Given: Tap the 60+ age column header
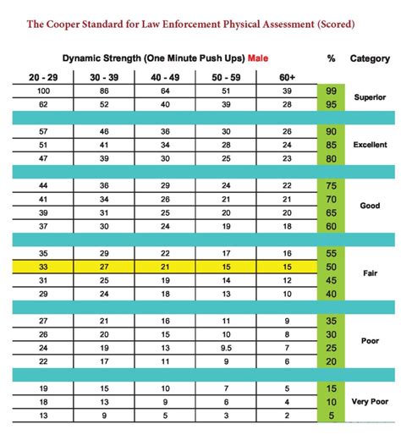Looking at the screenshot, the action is click(x=288, y=77).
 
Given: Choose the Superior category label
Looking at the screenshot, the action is click(x=371, y=97).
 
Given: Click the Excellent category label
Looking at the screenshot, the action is click(x=370, y=145).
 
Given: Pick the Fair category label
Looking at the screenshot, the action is click(x=371, y=273).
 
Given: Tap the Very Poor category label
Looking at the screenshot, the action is click(x=370, y=402).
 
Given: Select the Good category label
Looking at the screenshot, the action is click(x=371, y=206).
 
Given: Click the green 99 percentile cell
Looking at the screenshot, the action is click(x=331, y=91).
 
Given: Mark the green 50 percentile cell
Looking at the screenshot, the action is click(x=331, y=267).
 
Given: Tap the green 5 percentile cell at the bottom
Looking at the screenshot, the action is click(x=331, y=416).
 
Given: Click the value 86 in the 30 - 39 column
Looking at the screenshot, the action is click(x=104, y=91).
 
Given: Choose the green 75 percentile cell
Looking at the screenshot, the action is click(x=331, y=185).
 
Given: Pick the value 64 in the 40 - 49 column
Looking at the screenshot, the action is click(x=166, y=91).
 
